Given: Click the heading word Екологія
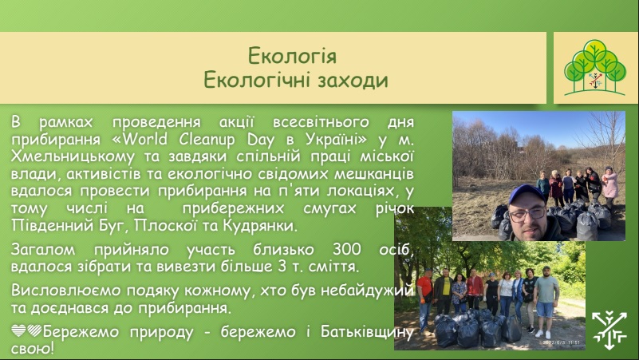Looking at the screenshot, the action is point(292,56).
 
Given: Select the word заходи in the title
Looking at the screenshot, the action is point(353,80).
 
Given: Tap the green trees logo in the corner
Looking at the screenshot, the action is point(595,68).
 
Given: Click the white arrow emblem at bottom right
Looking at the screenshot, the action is point(609,330).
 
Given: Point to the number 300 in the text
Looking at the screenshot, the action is point(347,249).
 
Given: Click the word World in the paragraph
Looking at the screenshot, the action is point(144,140).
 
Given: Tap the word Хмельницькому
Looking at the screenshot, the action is point(73,157).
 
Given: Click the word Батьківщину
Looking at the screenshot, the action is point(367,331).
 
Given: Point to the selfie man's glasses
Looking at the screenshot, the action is point(527,214).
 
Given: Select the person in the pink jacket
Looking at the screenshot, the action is point(609,186).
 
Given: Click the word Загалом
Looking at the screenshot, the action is point(43,249).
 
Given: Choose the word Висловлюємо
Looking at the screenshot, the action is point(66,291).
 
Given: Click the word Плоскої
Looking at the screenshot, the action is point(165,225).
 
